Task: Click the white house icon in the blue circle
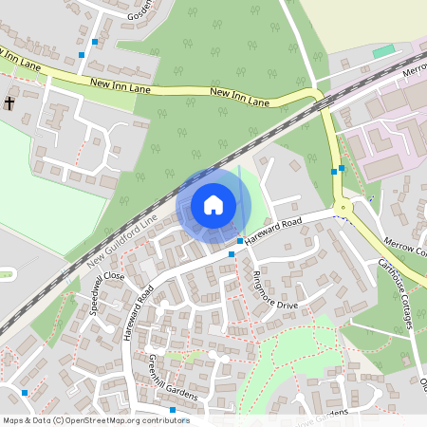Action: (213, 204)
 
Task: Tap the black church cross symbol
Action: (9, 102)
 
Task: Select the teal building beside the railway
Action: (383, 51)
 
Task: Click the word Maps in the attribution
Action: (14, 420)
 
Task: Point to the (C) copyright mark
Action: (59, 420)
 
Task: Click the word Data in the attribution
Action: (42, 420)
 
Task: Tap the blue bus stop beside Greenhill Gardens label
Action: (173, 410)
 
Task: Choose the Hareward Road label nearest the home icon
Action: (272, 232)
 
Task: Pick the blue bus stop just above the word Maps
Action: (25, 392)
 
